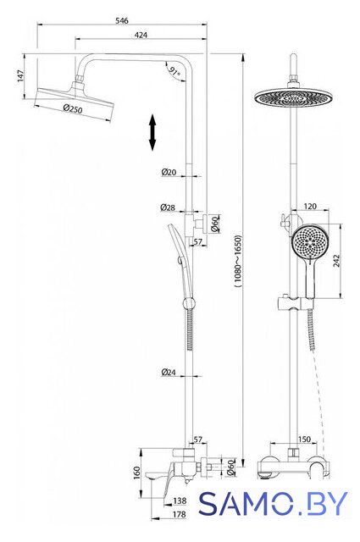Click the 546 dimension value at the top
(x=122, y=20)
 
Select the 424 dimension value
(x=141, y=35)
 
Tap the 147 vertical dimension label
(x=20, y=75)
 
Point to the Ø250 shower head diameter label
(x=73, y=108)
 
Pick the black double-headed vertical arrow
(x=152, y=133)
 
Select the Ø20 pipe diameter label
(x=169, y=172)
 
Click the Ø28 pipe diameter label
(x=168, y=207)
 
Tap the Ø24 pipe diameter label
(x=169, y=372)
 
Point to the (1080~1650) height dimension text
(x=238, y=262)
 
